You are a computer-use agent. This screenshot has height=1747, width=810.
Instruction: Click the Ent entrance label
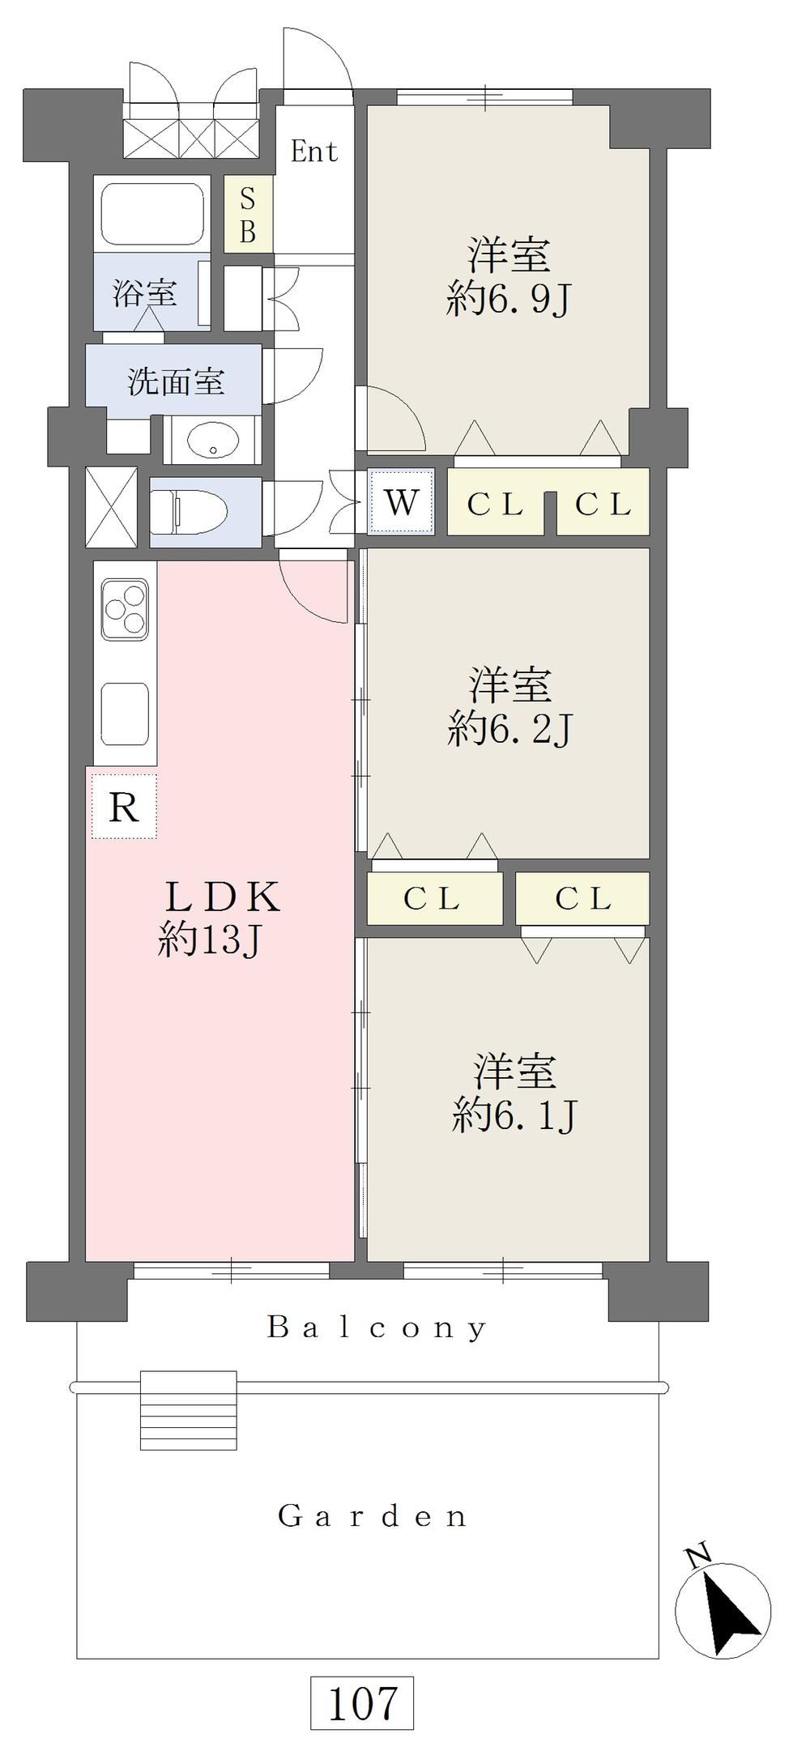314,151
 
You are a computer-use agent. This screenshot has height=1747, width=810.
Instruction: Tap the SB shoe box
248,215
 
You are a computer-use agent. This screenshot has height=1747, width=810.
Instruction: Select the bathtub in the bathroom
151,213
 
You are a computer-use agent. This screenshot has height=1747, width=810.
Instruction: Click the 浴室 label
144,292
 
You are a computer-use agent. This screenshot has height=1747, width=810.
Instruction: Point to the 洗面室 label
176,381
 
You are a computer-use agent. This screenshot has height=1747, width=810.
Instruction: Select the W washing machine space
401,502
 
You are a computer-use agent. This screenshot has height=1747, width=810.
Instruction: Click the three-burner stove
125,609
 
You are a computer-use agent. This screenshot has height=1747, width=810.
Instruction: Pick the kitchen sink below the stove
125,714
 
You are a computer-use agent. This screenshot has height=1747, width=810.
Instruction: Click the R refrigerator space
123,806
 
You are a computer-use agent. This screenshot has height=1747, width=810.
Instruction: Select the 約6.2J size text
510,730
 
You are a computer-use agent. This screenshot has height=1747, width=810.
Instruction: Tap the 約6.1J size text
514,1116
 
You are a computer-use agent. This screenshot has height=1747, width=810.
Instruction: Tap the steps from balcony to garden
189,1404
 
